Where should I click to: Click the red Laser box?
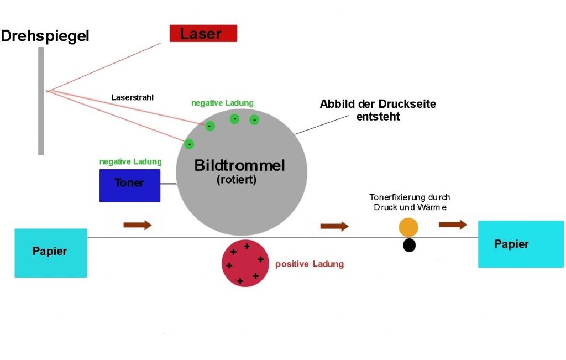point(203,34)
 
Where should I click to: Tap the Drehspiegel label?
point(45,36)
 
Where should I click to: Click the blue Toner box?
point(129,185)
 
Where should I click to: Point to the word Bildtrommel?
point(239,165)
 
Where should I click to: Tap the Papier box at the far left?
point(50,252)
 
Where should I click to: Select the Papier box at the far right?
point(512,244)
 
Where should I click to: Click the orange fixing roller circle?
point(408,227)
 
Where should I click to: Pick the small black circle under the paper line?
point(409,245)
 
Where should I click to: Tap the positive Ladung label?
point(310,264)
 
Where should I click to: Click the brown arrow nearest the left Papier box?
point(137,225)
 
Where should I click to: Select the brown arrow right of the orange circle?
point(453,224)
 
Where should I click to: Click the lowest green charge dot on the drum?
point(189,144)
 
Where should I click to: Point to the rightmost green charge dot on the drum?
point(254,119)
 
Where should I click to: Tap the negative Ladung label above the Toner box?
point(130,162)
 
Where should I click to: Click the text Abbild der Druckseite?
point(378,104)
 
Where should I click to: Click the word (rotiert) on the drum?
point(237,180)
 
